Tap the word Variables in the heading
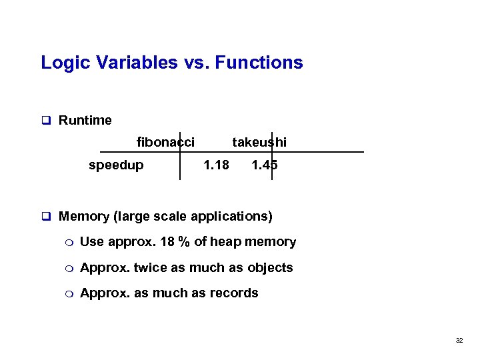(130, 63)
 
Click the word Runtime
(85, 121)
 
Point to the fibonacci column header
(165, 142)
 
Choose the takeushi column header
(259, 142)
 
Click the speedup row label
(116, 165)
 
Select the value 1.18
(216, 165)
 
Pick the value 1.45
(265, 165)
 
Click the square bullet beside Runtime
(47, 121)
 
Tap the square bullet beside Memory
(47, 217)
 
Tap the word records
(235, 293)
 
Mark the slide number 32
(459, 341)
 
